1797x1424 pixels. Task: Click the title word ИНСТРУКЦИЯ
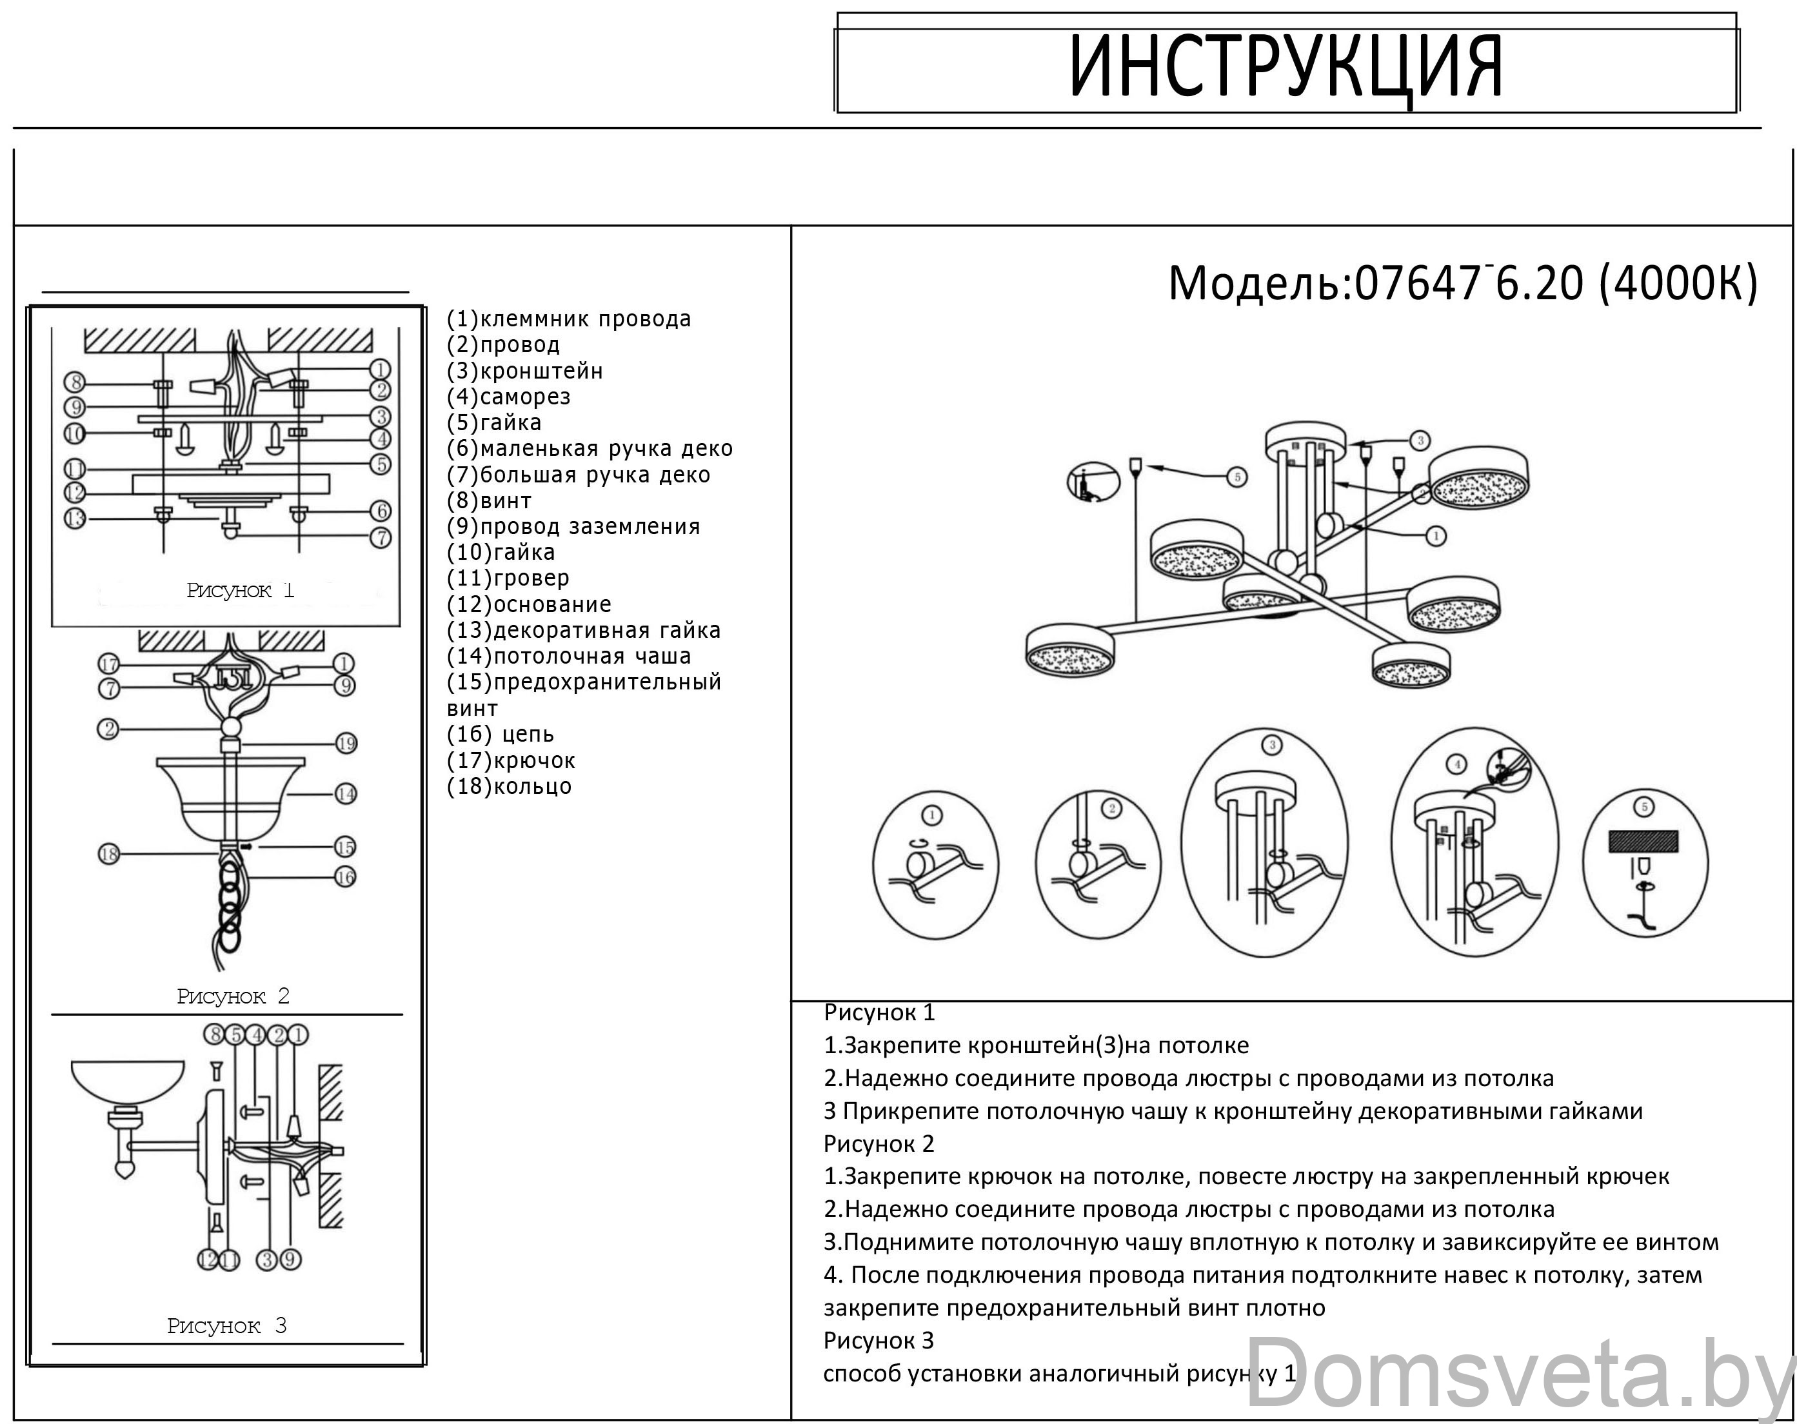(x=1286, y=66)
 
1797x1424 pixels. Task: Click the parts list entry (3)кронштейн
(x=524, y=371)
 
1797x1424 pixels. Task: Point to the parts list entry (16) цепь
(x=500, y=734)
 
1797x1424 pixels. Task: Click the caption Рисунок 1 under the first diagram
(x=240, y=591)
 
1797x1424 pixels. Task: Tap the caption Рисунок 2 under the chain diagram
(x=233, y=996)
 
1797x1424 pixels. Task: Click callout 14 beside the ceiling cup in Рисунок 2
(x=346, y=794)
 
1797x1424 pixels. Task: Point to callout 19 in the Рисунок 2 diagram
(x=346, y=743)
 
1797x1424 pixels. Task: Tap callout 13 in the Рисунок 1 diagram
(x=75, y=519)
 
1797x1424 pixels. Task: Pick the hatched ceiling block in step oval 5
(x=1643, y=842)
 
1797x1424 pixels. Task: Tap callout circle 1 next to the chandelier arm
(x=1435, y=536)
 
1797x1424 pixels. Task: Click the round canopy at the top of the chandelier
(x=1306, y=439)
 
